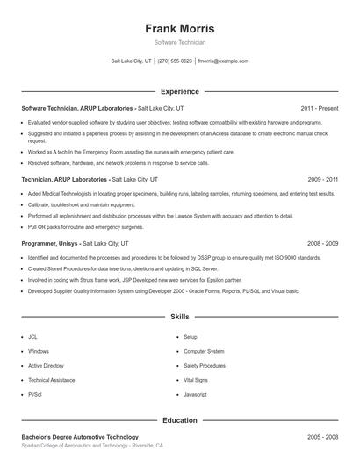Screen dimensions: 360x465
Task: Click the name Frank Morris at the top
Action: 179,29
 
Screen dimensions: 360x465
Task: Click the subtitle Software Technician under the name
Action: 179,43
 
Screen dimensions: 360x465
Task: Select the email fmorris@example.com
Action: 223,61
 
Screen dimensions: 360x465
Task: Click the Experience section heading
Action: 179,91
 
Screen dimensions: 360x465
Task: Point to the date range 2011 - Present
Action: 319,108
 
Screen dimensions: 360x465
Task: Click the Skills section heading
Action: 179,316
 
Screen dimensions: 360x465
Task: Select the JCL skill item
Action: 32,337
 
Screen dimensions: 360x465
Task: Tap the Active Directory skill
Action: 46,365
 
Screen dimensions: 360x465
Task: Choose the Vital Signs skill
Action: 195,380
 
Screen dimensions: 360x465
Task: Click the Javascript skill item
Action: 195,395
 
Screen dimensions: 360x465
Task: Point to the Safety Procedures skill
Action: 204,365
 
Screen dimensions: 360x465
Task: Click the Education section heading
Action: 179,420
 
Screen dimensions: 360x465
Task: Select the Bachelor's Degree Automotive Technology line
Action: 80,437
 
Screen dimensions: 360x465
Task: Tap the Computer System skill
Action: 203,351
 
